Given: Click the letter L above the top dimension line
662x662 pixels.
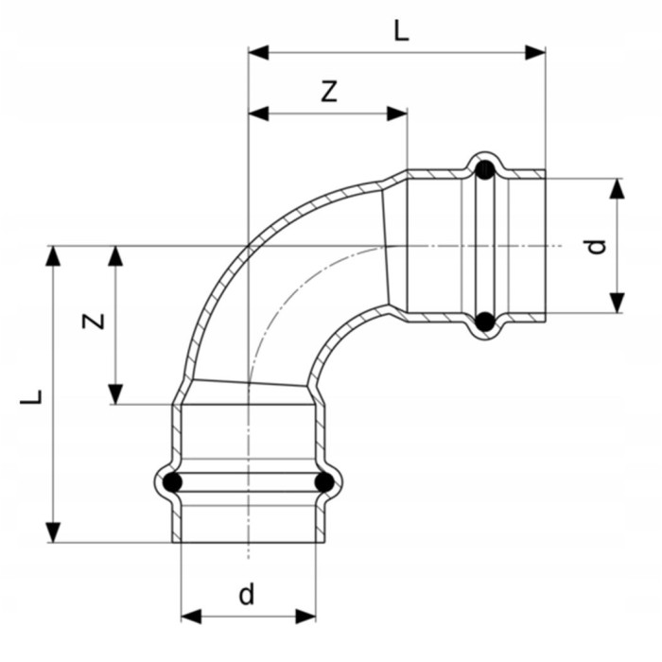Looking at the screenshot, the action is coord(402,31).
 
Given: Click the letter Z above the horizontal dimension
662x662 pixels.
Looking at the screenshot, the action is coord(329,92).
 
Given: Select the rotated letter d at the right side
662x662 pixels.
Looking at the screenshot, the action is coord(597,247).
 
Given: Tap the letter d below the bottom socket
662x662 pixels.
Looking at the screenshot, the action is coord(247,595).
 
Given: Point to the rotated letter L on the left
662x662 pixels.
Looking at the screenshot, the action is coord(31,397).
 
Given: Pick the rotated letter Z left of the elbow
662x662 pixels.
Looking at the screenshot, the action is coord(94,322).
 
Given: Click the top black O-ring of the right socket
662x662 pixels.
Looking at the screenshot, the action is coord(484,169).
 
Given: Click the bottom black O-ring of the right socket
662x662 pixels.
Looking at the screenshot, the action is coord(484,322).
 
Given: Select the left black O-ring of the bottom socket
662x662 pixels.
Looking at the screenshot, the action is coord(172,482).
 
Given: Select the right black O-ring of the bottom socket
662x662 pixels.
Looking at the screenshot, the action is coord(324,482).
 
